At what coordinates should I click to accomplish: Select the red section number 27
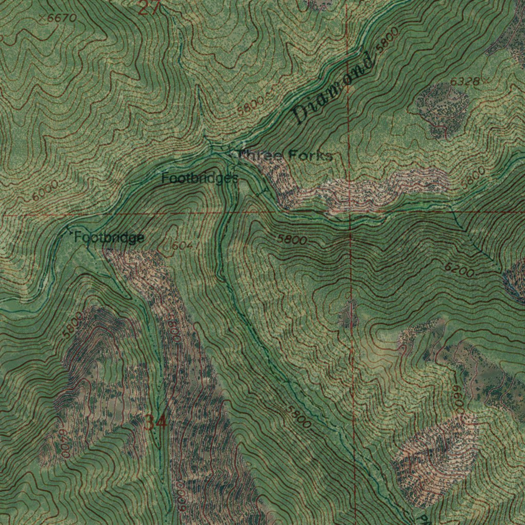[149, 7]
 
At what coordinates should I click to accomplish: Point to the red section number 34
[155, 423]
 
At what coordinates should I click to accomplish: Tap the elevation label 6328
[465, 82]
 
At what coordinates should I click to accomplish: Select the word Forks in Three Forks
[310, 155]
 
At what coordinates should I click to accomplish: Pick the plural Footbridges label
[199, 178]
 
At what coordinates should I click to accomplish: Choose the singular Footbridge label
[109, 237]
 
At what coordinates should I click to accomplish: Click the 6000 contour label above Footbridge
[45, 190]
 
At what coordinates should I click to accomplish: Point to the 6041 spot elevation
[182, 246]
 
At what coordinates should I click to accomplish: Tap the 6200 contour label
[459, 270]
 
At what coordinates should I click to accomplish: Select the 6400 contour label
[63, 442]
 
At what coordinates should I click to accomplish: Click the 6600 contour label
[458, 400]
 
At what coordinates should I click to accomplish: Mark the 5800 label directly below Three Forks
[292, 239]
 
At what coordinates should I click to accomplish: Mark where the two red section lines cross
[349, 212]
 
